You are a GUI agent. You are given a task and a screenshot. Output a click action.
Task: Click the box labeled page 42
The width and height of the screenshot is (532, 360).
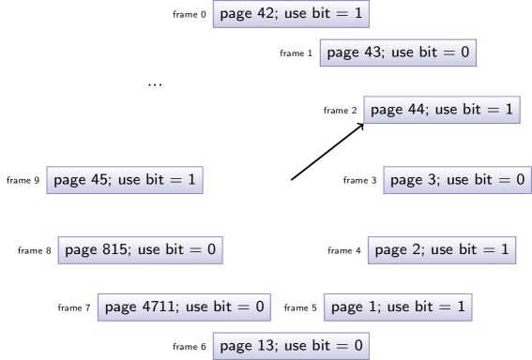click(x=291, y=14)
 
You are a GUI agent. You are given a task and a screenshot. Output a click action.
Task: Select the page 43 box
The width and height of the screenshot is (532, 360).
click(x=398, y=52)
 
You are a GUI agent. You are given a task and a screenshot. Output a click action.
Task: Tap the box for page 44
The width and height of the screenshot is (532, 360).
click(x=441, y=110)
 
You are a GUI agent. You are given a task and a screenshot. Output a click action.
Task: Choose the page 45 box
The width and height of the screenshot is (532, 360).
click(x=125, y=179)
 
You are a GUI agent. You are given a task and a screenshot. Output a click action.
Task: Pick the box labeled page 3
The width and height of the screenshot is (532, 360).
click(x=457, y=179)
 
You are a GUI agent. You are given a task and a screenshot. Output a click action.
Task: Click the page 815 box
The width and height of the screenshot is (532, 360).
click(x=140, y=249)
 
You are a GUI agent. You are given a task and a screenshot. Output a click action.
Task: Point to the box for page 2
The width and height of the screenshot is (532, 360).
click(x=441, y=249)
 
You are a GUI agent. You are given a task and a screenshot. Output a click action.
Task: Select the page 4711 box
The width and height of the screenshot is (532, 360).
click(x=184, y=307)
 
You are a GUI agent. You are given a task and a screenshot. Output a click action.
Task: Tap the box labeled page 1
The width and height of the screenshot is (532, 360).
click(x=398, y=307)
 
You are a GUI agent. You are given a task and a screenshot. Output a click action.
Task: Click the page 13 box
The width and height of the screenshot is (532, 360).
click(x=291, y=346)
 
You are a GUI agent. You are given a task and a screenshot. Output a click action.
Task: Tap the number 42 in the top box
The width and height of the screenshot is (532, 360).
click(x=266, y=14)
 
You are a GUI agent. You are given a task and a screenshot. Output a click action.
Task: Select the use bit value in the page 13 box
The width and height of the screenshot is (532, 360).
click(x=357, y=346)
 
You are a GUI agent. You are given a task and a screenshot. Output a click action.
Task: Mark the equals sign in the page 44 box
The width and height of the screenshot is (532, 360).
click(x=493, y=110)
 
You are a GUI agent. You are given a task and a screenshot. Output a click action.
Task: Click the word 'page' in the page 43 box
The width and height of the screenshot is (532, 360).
click(x=342, y=53)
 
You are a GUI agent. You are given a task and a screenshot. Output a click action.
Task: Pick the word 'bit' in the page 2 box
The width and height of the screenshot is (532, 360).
click(x=467, y=249)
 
